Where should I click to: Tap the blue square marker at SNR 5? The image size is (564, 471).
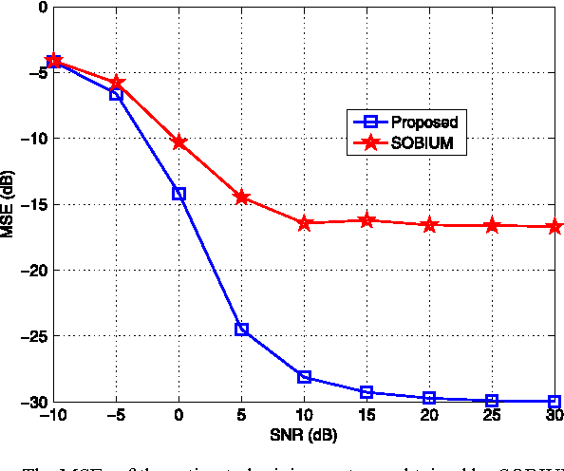[x=241, y=330]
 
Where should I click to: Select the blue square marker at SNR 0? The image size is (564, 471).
[x=179, y=194]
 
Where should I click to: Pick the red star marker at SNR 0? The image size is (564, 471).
[x=179, y=142]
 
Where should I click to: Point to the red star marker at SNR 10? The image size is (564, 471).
[x=304, y=223]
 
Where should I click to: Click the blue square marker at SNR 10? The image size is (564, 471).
[x=304, y=377]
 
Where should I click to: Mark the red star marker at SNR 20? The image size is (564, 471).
[x=429, y=225]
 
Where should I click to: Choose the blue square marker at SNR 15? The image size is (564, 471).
[x=367, y=392]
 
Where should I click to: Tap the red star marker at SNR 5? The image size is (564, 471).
[x=241, y=198]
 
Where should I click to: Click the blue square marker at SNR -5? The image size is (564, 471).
[x=116, y=94]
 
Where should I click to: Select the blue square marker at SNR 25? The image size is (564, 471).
[x=492, y=401]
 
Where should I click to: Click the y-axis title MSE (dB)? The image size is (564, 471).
[x=9, y=203]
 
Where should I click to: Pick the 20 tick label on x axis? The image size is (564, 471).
[x=429, y=416]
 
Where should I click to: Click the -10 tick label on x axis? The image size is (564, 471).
[x=53, y=416]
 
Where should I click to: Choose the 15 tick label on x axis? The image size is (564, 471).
[x=367, y=416]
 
